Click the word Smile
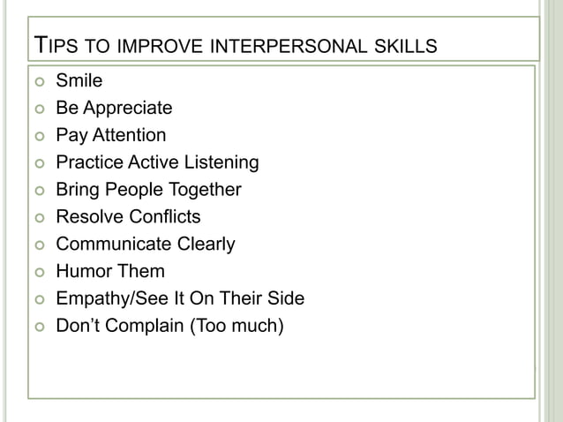point(79,82)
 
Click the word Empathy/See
point(108,298)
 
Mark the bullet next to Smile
point(38,83)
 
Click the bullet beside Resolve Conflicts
point(38,217)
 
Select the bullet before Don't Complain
point(38,327)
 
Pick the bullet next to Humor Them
point(38,272)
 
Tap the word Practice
point(87,162)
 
